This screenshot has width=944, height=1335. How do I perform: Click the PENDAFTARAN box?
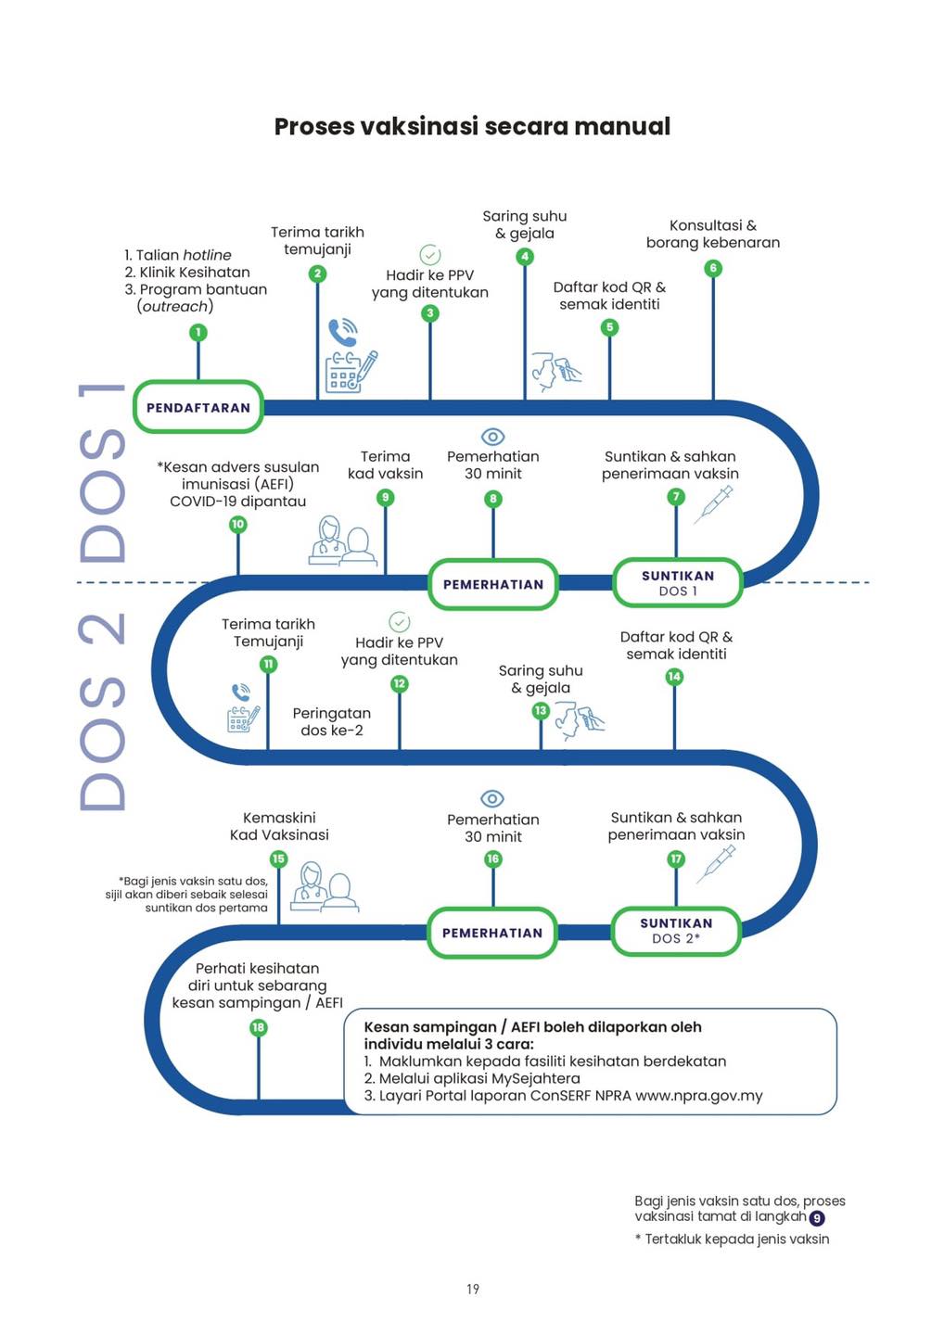pos(198,407)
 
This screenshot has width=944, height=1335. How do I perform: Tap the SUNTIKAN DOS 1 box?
pos(678,583)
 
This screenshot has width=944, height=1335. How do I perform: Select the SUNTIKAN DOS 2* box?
pos(676,931)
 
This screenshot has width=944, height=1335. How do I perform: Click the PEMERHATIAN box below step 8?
pos(492,584)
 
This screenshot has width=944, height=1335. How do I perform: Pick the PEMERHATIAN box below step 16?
pos(491,933)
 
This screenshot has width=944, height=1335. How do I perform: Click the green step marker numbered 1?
pos(198,332)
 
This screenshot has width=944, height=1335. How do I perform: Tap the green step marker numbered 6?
pos(712,268)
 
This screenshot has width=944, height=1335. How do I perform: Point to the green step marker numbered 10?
pos(237,524)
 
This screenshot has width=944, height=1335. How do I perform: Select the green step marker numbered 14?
pos(674,677)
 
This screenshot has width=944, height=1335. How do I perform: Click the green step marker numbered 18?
pos(258,1027)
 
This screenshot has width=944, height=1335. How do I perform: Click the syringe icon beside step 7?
pos(713,504)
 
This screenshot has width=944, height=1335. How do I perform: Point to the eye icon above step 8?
pos(492,436)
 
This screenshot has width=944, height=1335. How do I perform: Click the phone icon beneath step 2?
pos(342,331)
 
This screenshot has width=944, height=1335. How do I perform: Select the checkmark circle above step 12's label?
pos(399,621)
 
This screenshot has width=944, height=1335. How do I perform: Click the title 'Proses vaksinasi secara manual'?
pos(472,126)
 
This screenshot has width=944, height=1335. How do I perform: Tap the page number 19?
pos(472,1289)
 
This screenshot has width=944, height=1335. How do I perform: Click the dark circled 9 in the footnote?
pos(817,1218)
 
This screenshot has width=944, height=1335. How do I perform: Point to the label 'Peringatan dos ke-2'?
pos(331,721)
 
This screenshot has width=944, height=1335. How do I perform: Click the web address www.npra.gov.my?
pos(698,1096)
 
